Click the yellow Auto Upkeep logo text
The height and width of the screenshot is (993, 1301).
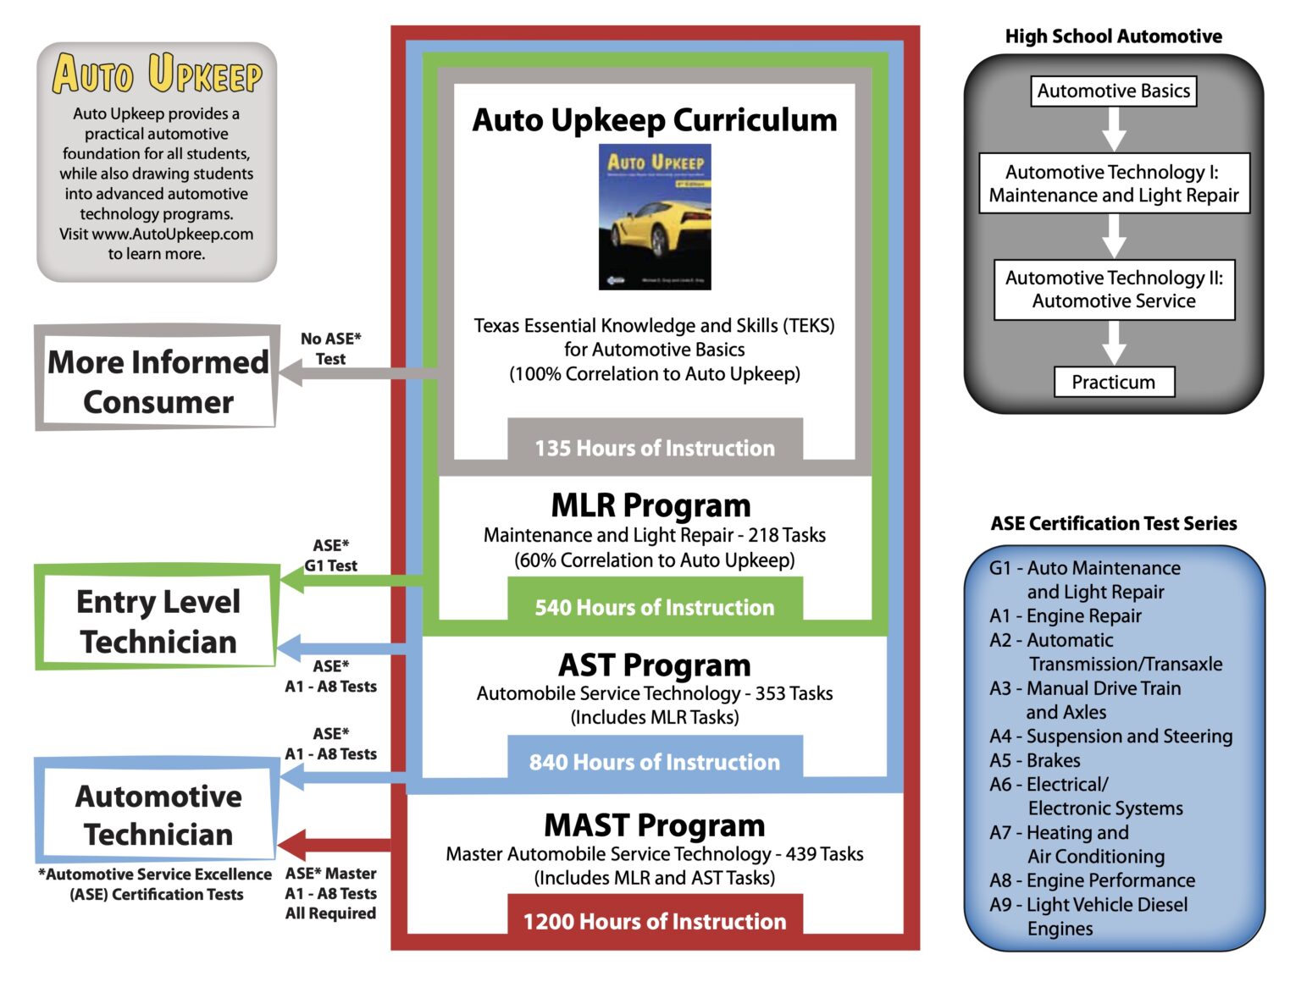pyautogui.click(x=157, y=74)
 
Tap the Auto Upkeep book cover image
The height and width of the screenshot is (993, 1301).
pyautogui.click(x=655, y=217)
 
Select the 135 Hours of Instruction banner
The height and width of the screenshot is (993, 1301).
pyautogui.click(x=655, y=447)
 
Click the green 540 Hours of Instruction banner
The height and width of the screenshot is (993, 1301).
pyautogui.click(x=655, y=606)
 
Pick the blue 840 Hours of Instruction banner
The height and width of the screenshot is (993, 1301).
pyautogui.click(x=655, y=761)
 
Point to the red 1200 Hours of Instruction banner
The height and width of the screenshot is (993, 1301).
pyautogui.click(x=655, y=920)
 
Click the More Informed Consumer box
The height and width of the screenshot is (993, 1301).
pyautogui.click(x=158, y=380)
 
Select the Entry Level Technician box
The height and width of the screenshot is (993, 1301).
pyautogui.click(x=158, y=621)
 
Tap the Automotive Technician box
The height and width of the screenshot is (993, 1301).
pyautogui.click(x=158, y=814)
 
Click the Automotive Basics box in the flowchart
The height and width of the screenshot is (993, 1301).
pyautogui.click(x=1113, y=91)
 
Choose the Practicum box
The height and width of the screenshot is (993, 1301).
pyautogui.click(x=1113, y=382)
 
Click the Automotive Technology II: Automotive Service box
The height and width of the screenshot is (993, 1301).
pyautogui.click(x=1113, y=290)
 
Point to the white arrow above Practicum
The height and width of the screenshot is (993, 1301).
pyautogui.click(x=1113, y=343)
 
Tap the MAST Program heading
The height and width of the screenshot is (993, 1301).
pyautogui.click(x=655, y=825)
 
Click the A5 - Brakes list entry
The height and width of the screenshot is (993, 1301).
pyautogui.click(x=1035, y=760)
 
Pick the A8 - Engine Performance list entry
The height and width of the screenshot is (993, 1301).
pyautogui.click(x=1092, y=880)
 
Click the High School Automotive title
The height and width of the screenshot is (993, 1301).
pyautogui.click(x=1113, y=36)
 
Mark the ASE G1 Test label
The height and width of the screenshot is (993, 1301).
pyautogui.click(x=330, y=555)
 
